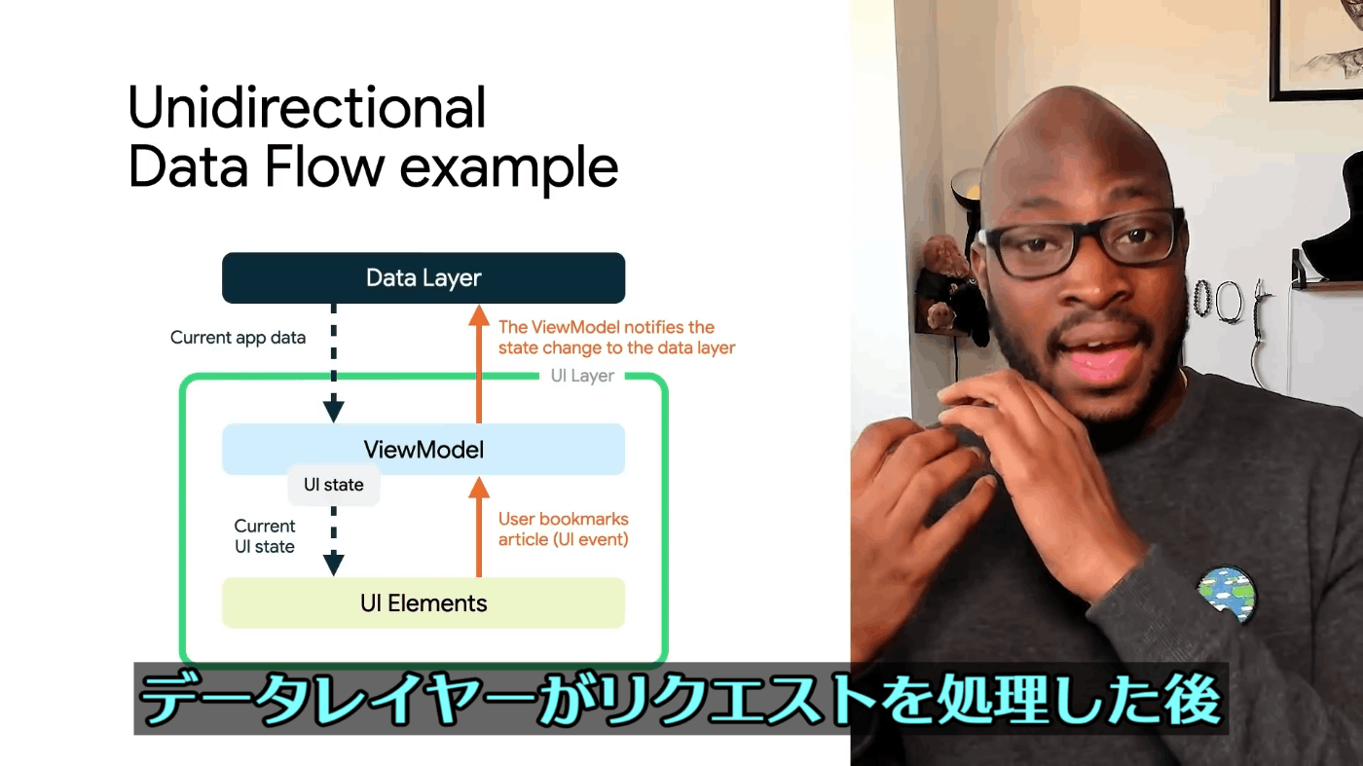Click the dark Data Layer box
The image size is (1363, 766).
[424, 278]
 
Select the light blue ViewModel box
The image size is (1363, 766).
[424, 450]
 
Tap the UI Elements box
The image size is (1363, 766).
[424, 602]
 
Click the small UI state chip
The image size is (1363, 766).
[333, 485]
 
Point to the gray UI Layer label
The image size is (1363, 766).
[582, 376]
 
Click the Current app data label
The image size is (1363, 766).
[238, 338]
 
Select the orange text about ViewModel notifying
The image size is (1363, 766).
[617, 337]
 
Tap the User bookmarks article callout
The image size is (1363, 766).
[564, 529]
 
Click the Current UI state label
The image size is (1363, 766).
[265, 536]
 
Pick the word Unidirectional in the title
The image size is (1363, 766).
[307, 108]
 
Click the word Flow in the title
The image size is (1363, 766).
[324, 166]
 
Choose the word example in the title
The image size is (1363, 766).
[508, 171]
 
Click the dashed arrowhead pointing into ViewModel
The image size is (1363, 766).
[333, 411]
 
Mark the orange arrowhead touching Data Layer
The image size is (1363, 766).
[479, 315]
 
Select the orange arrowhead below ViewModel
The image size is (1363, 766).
[479, 488]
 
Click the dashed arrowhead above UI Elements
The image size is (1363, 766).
[333, 565]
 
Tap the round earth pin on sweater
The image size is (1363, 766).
[1226, 596]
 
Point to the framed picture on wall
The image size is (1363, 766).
[1314, 49]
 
